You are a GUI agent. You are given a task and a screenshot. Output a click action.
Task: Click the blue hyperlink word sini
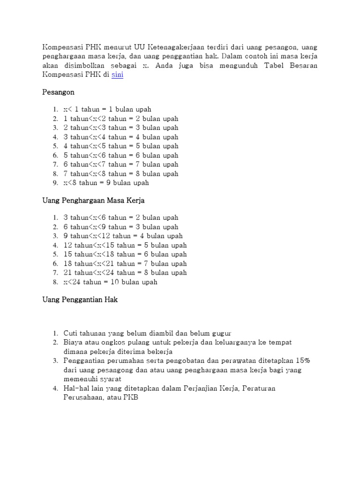point(118,75)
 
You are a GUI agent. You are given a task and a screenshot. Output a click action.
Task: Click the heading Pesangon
point(59,92)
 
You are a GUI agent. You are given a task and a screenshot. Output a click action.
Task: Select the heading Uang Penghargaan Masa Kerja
point(94,201)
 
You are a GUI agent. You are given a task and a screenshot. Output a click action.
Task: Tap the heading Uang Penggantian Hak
point(80,300)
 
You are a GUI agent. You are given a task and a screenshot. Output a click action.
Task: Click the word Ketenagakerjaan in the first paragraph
point(173,47)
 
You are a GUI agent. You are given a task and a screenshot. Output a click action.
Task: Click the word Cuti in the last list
point(71,333)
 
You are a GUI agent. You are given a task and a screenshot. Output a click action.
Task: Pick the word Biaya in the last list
point(73,342)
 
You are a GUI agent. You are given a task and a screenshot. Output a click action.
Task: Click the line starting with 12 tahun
point(125,245)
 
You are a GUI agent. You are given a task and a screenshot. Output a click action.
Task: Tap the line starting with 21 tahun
point(125,272)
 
